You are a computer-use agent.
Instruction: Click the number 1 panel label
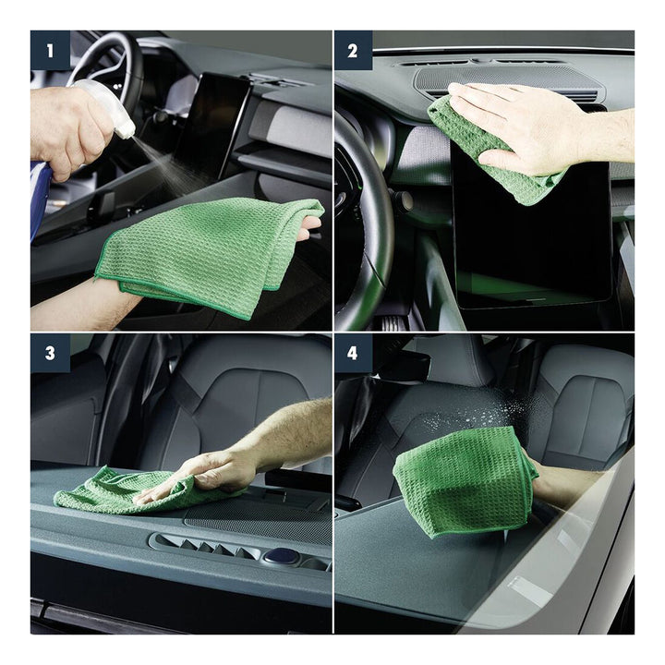pyautogui.click(x=50, y=51)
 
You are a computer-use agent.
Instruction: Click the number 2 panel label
pyautogui.click(x=353, y=51)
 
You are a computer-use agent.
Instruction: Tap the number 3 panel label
pyautogui.click(x=50, y=353)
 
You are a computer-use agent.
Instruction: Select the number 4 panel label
pyautogui.click(x=353, y=353)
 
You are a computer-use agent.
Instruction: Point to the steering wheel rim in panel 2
pyautogui.click(x=373, y=221)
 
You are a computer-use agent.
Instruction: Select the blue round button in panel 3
pyautogui.click(x=279, y=555)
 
